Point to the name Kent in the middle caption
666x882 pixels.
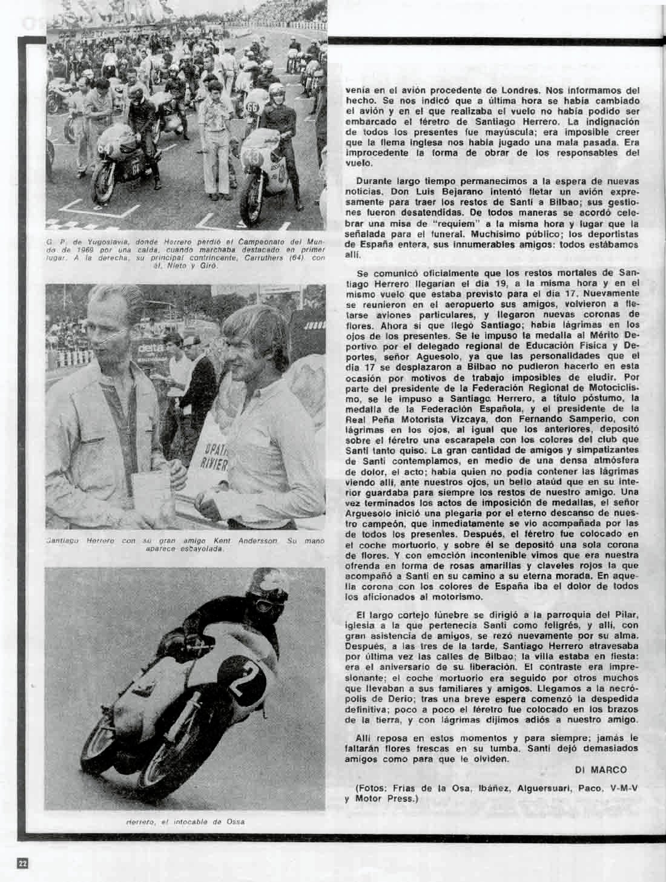coord(222,541)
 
